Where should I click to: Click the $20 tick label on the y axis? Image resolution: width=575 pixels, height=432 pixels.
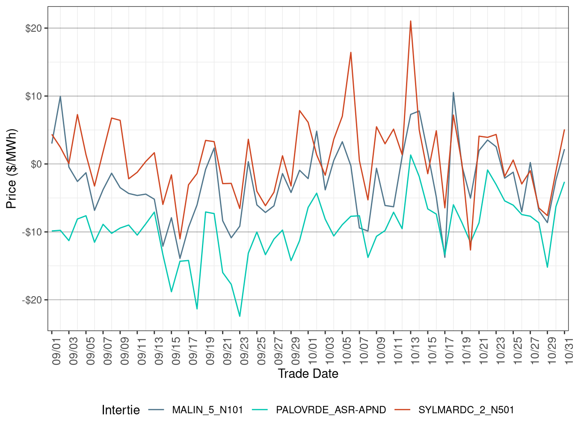[x=33, y=28]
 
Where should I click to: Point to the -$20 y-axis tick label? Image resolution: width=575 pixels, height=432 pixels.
[x=32, y=300]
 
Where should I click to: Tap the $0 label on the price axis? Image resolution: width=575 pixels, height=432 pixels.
[x=36, y=164]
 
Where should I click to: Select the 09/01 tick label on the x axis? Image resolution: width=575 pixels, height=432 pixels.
[x=56, y=350]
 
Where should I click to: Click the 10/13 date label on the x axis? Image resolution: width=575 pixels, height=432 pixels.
[x=415, y=350]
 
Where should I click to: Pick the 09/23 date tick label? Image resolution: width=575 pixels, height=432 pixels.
[x=244, y=350]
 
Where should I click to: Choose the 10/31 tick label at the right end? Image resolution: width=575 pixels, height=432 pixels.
[x=569, y=350]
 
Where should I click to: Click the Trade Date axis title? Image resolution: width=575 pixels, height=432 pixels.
[x=308, y=374]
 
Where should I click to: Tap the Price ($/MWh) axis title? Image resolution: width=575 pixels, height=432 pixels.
[x=11, y=168]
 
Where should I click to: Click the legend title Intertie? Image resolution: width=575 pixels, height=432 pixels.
[x=121, y=410]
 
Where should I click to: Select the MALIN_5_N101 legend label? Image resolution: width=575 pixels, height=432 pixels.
[x=207, y=410]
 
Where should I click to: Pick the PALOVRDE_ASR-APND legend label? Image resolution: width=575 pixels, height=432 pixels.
[x=331, y=410]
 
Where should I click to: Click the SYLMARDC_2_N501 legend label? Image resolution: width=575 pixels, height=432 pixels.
[x=466, y=410]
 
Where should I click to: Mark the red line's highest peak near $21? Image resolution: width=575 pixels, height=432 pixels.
[x=411, y=21]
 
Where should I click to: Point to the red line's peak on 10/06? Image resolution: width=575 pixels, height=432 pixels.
[x=351, y=53]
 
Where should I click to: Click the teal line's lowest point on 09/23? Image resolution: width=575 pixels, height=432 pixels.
[x=240, y=316]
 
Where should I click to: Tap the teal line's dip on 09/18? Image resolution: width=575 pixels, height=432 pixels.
[x=197, y=309]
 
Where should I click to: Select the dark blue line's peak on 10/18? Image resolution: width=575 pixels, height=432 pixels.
[x=453, y=93]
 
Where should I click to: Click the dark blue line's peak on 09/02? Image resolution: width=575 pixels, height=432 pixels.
[x=60, y=96]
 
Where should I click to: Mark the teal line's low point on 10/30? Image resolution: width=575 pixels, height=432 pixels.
[x=548, y=267]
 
